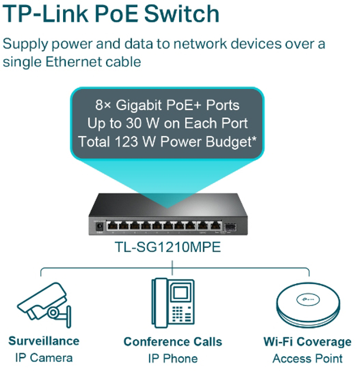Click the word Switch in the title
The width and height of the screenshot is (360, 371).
[x=181, y=14]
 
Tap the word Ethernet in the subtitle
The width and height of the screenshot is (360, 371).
[x=74, y=62]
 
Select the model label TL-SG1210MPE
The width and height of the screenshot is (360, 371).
[x=167, y=247]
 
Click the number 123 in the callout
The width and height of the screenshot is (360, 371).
[x=126, y=141]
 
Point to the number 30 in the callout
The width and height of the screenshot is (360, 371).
[x=134, y=123]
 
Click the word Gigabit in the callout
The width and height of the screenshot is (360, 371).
[x=138, y=105]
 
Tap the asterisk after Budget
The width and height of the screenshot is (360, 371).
[x=254, y=138]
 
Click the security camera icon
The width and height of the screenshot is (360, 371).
[x=45, y=304]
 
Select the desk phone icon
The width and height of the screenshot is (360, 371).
[x=173, y=303]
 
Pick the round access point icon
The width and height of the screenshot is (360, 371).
[x=308, y=305]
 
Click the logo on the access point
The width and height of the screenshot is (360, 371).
[x=308, y=299]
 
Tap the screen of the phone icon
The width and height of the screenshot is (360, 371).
[x=181, y=293]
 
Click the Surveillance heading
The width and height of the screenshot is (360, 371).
[x=44, y=341]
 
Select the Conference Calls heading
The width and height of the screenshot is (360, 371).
[x=173, y=342]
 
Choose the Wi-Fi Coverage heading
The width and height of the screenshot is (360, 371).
[x=308, y=342]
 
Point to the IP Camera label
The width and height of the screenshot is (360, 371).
[x=44, y=357]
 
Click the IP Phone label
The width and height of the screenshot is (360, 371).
[x=173, y=358]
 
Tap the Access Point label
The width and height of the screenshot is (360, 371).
[x=308, y=358]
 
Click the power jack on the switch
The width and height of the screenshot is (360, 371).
[x=100, y=226]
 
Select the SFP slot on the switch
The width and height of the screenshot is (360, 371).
[x=230, y=227]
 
